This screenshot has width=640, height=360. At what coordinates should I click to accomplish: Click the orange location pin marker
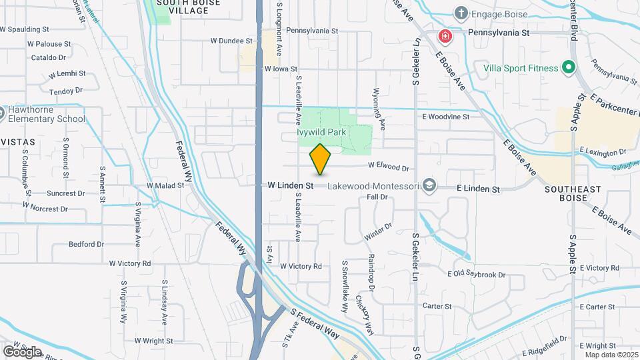tap(320, 159)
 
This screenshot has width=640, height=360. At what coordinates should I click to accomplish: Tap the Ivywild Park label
tap(321, 133)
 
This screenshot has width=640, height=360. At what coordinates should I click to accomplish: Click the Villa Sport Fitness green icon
tap(569, 67)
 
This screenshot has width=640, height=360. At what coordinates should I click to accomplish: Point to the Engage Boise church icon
tap(460, 13)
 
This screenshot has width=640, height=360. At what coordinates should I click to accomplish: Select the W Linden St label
tap(291, 185)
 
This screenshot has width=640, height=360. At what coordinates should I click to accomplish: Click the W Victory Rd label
tap(301, 266)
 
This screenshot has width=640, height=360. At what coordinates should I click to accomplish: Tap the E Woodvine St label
tap(445, 116)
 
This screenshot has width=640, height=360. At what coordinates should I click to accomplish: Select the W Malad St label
tap(165, 185)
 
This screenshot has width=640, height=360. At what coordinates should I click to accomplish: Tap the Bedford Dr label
tap(86, 244)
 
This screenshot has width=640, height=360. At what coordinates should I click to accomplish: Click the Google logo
tap(22, 351)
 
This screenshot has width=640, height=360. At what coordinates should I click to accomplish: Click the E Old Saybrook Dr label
tap(477, 274)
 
